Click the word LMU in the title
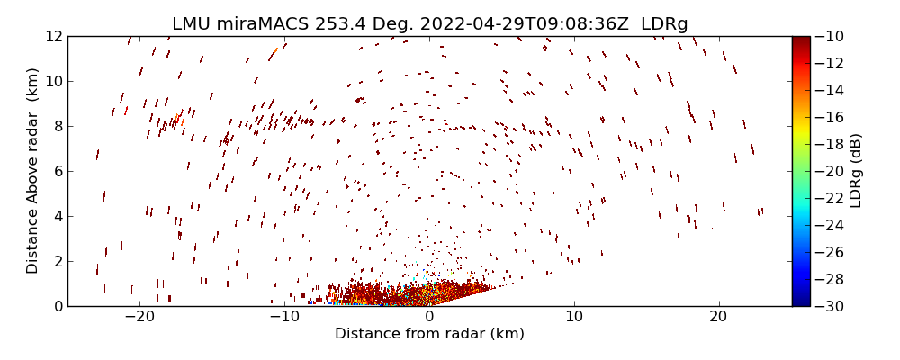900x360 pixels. [x=191, y=23]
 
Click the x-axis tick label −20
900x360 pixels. [x=139, y=317]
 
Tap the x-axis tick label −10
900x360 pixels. [x=284, y=317]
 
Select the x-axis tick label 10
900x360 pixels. [x=573, y=317]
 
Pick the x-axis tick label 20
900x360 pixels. [x=718, y=317]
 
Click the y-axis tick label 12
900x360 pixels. [x=52, y=36]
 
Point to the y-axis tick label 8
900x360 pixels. [x=56, y=126]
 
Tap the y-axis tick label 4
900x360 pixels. [x=56, y=216]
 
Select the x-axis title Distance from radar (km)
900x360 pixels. [x=429, y=334]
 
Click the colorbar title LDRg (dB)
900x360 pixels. [x=856, y=171]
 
